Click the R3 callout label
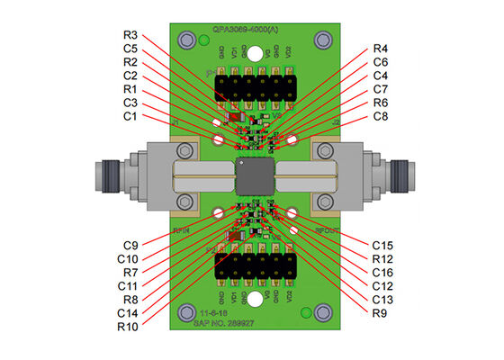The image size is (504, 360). (x=130, y=35)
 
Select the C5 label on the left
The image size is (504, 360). (x=130, y=49)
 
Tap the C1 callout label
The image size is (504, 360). (x=130, y=118)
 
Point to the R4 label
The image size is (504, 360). (x=382, y=49)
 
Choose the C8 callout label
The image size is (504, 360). (x=382, y=118)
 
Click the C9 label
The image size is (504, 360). (x=130, y=245)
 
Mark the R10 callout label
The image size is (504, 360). (x=128, y=326)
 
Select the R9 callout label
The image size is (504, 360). (x=382, y=312)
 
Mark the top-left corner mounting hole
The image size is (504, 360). (x=188, y=40)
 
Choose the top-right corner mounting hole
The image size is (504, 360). (x=320, y=40)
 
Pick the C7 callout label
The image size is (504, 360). (x=382, y=90)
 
